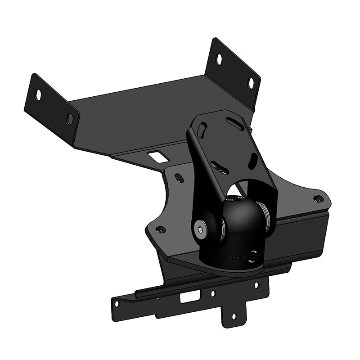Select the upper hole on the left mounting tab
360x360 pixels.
[38, 94]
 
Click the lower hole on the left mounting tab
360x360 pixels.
[70, 118]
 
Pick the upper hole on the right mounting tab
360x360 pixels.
[219, 59]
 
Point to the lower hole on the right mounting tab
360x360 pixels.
[251, 83]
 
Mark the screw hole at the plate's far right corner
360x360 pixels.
[318, 198]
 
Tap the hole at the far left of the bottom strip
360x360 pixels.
[117, 304]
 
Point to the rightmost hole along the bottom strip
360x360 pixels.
[256, 285]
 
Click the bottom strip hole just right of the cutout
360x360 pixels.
[213, 293]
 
